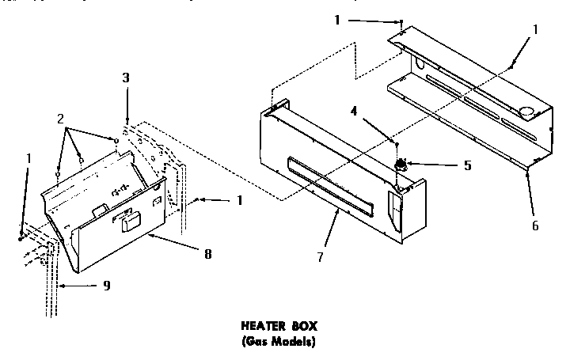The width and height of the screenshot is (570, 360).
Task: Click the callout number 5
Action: pyautogui.click(x=466, y=166)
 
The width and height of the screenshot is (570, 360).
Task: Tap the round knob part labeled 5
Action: pyautogui.click(x=401, y=165)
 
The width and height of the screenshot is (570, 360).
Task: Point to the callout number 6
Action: pyautogui.click(x=534, y=225)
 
